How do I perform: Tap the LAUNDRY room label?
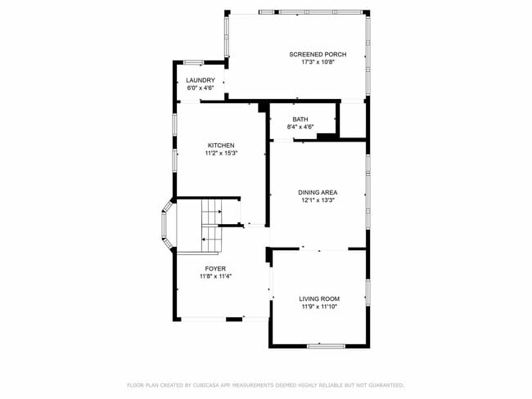[x=201, y=80]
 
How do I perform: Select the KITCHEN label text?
[x=221, y=146]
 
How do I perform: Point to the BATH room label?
[x=300, y=119]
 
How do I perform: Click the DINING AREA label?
[x=318, y=192]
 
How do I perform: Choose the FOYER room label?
[x=215, y=268]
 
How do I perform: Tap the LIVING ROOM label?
[x=318, y=298]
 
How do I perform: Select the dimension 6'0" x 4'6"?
[x=201, y=87]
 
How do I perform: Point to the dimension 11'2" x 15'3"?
[x=221, y=153]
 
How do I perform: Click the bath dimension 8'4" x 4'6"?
[x=300, y=127]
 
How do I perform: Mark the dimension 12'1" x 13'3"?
[x=318, y=199]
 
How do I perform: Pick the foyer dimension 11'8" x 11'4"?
[x=215, y=276]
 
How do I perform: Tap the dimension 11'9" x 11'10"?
[x=318, y=306]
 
